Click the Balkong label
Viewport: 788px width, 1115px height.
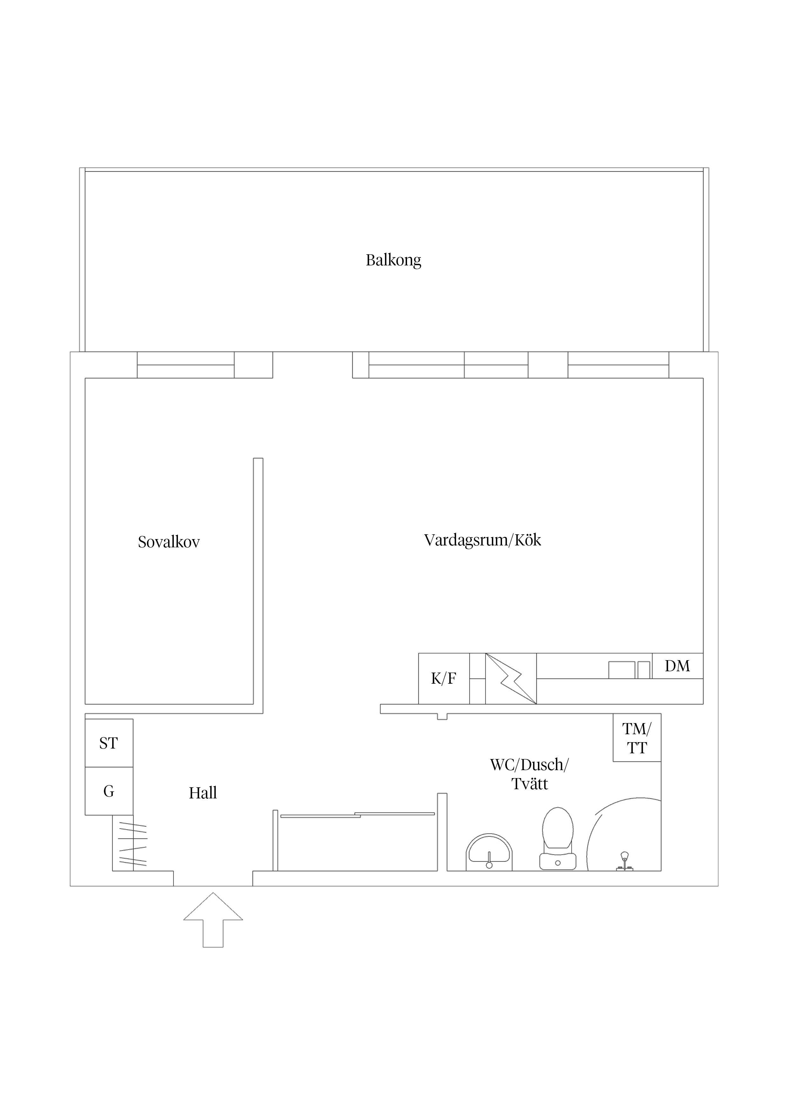(x=393, y=260)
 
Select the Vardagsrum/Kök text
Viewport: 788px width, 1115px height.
(x=483, y=541)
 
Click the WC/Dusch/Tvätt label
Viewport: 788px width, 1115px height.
(x=529, y=774)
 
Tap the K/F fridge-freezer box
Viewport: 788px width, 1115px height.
(x=444, y=678)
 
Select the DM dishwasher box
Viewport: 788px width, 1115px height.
(x=677, y=666)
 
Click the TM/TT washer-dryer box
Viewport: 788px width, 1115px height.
(x=637, y=738)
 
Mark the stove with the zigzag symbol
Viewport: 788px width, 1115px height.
(x=511, y=678)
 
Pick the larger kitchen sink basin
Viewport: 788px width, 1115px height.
(x=622, y=670)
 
